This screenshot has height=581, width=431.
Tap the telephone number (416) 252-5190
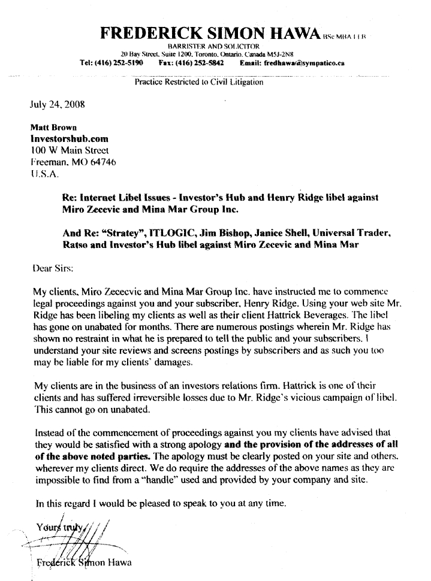(122, 62)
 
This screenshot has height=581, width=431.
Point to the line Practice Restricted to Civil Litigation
(199, 82)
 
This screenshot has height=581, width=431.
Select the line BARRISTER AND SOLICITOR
(213, 46)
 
